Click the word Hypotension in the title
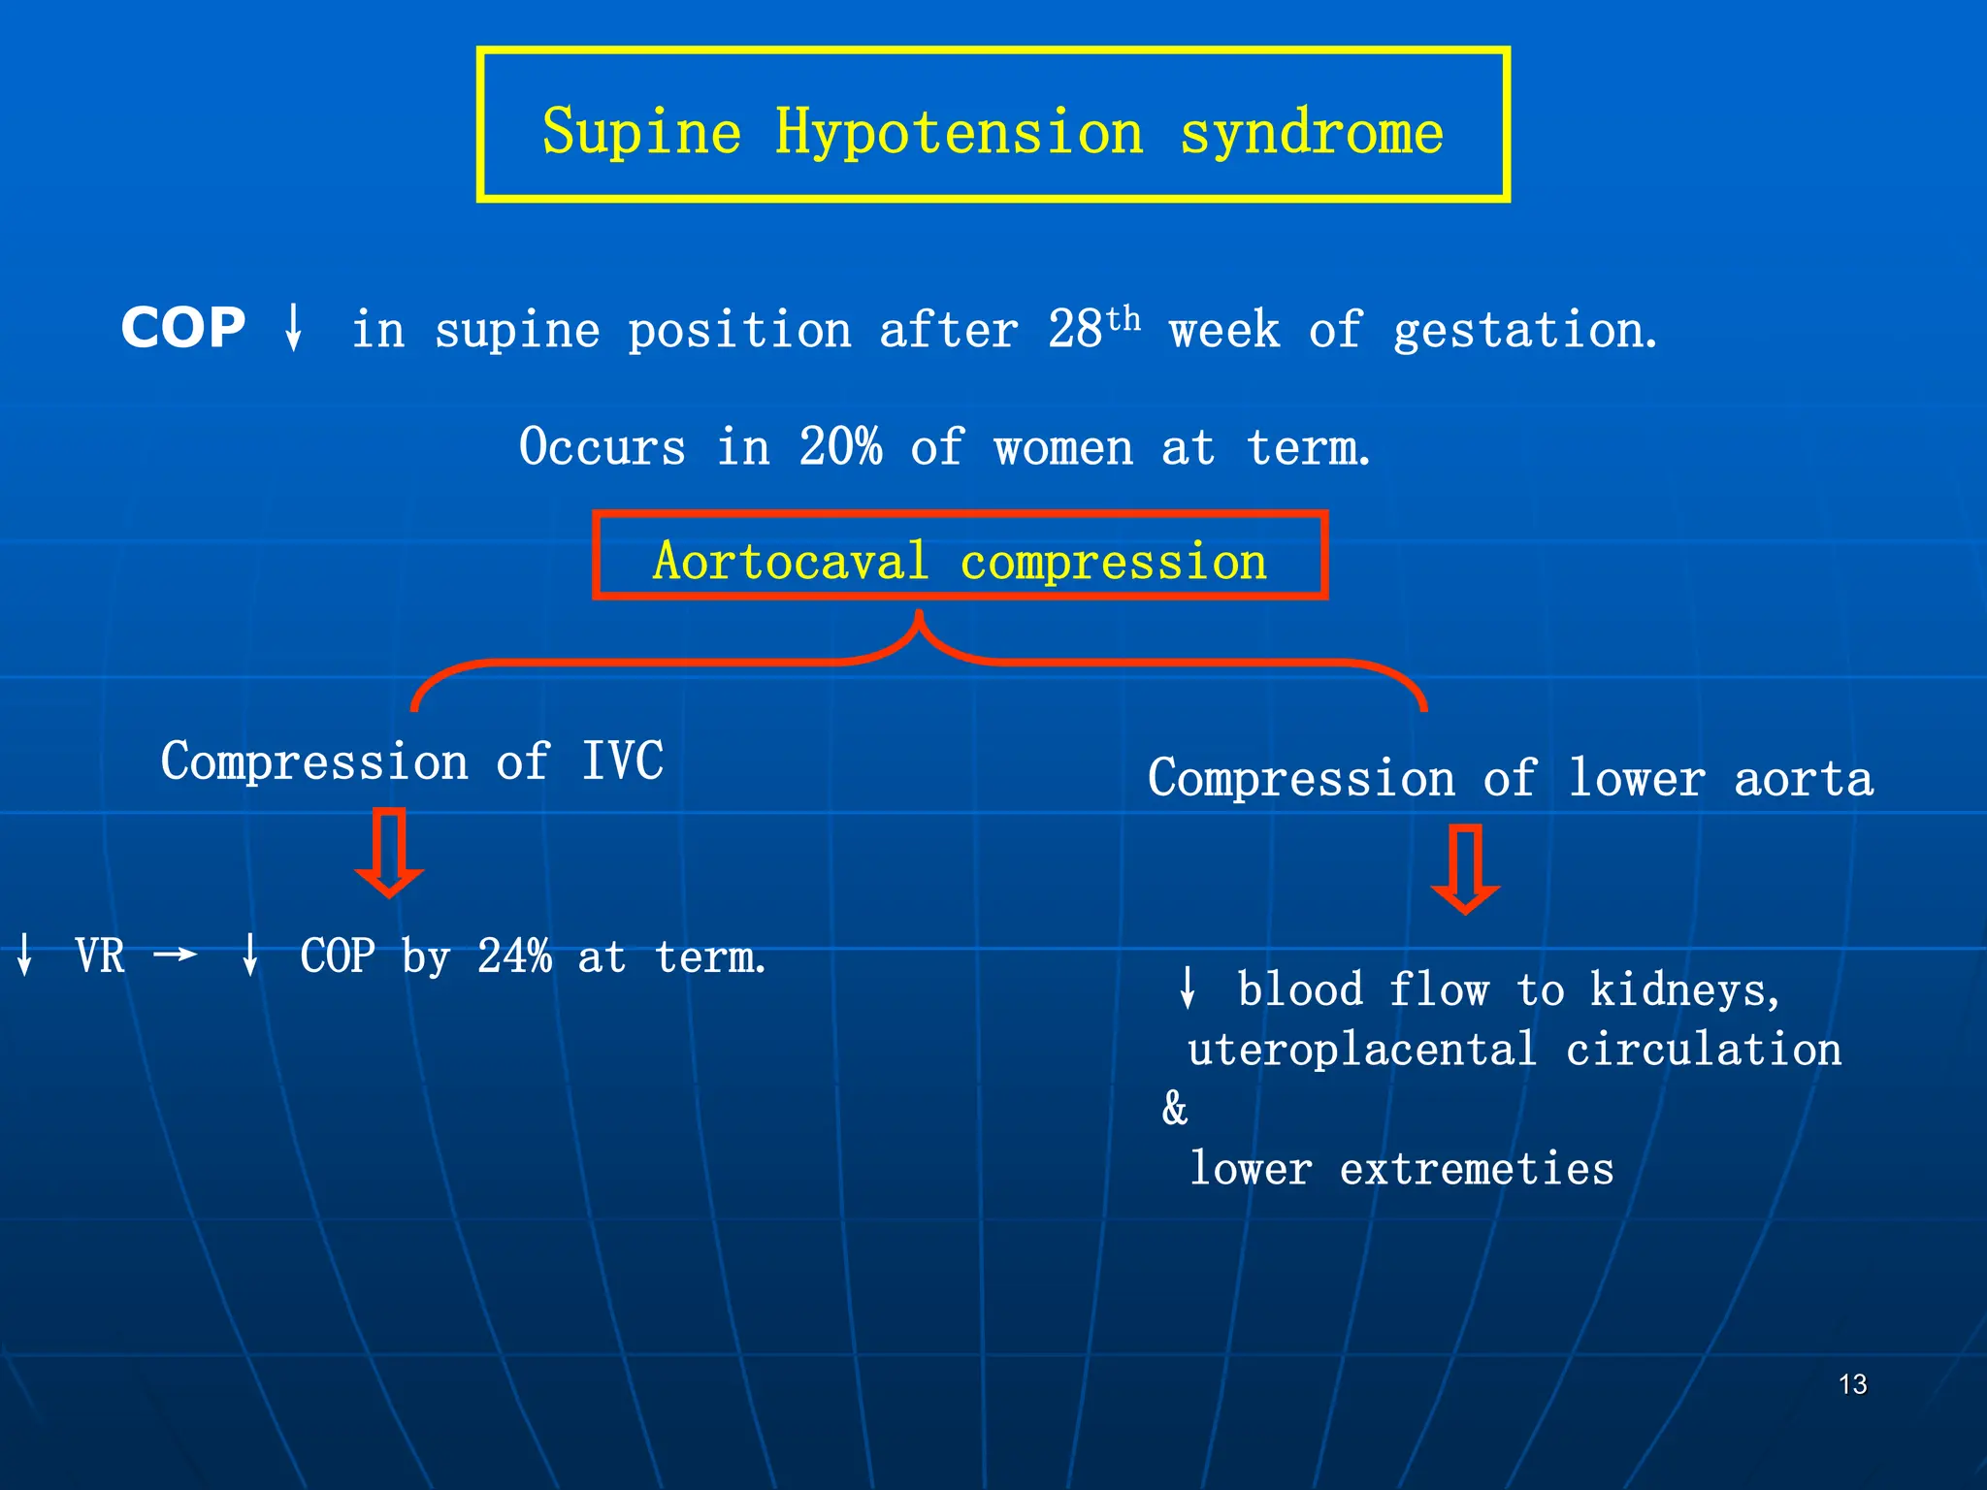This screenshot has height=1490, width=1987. tap(959, 132)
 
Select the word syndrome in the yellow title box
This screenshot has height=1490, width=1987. tap(1312, 132)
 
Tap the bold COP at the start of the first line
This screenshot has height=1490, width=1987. tap(183, 328)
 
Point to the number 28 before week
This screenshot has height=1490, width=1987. tap(1075, 330)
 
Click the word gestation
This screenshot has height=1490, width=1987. tap(1523, 330)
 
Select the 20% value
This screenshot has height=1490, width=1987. tap(840, 447)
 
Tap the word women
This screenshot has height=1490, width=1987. tap(1063, 448)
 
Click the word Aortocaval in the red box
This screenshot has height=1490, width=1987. tap(791, 561)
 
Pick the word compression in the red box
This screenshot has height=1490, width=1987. tap(1114, 562)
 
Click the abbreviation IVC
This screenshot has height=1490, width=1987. tap(623, 761)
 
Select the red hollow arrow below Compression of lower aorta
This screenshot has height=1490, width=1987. tap(1465, 869)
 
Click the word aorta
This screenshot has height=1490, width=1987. tap(1804, 778)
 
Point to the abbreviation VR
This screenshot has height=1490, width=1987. tap(100, 956)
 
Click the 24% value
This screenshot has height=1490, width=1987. tap(514, 956)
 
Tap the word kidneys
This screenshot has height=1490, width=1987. tap(1684, 990)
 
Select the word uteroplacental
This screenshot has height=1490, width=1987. tap(1362, 1050)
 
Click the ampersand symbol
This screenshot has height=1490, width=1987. tap(1175, 1108)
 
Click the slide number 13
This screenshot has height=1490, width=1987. tap(1852, 1384)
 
